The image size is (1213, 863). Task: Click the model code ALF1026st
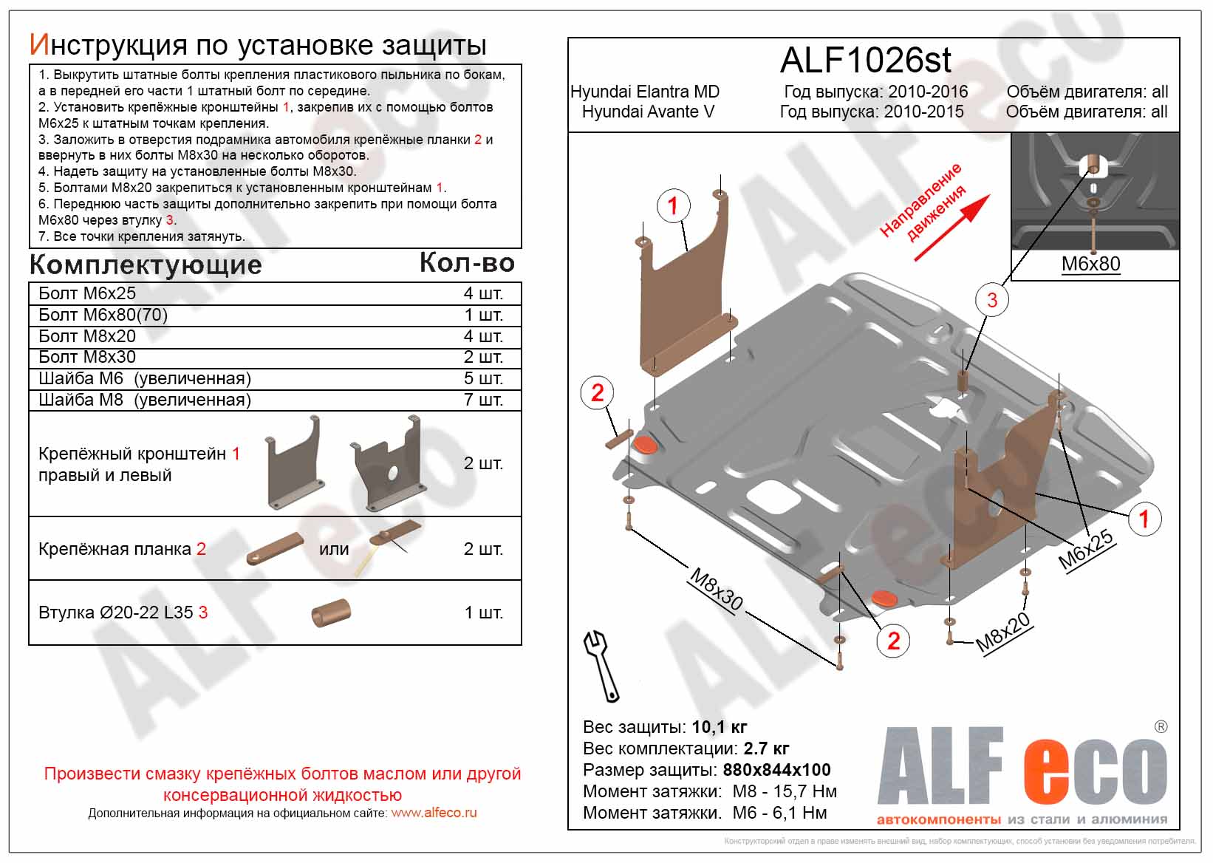pos(865,61)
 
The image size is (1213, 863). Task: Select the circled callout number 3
pos(991,300)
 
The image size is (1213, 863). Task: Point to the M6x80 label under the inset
pos(1090,264)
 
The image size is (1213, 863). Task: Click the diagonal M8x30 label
pos(716,589)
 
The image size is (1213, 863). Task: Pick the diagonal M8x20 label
pos(1002,633)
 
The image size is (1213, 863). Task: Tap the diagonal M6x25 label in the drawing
pos(1085,550)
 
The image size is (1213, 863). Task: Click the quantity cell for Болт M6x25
pos(482,293)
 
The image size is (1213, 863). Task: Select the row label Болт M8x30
pos(87,357)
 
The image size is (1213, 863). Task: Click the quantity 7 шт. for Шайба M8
pos(482,400)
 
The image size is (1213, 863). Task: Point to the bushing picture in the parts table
pos(330,613)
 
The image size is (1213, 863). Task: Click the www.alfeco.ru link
pos(434,813)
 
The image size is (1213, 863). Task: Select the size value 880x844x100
pos(776,770)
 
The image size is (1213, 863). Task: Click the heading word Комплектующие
pos(146,265)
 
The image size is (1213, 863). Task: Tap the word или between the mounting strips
pos(334,549)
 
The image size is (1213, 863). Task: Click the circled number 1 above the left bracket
pos(672,205)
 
